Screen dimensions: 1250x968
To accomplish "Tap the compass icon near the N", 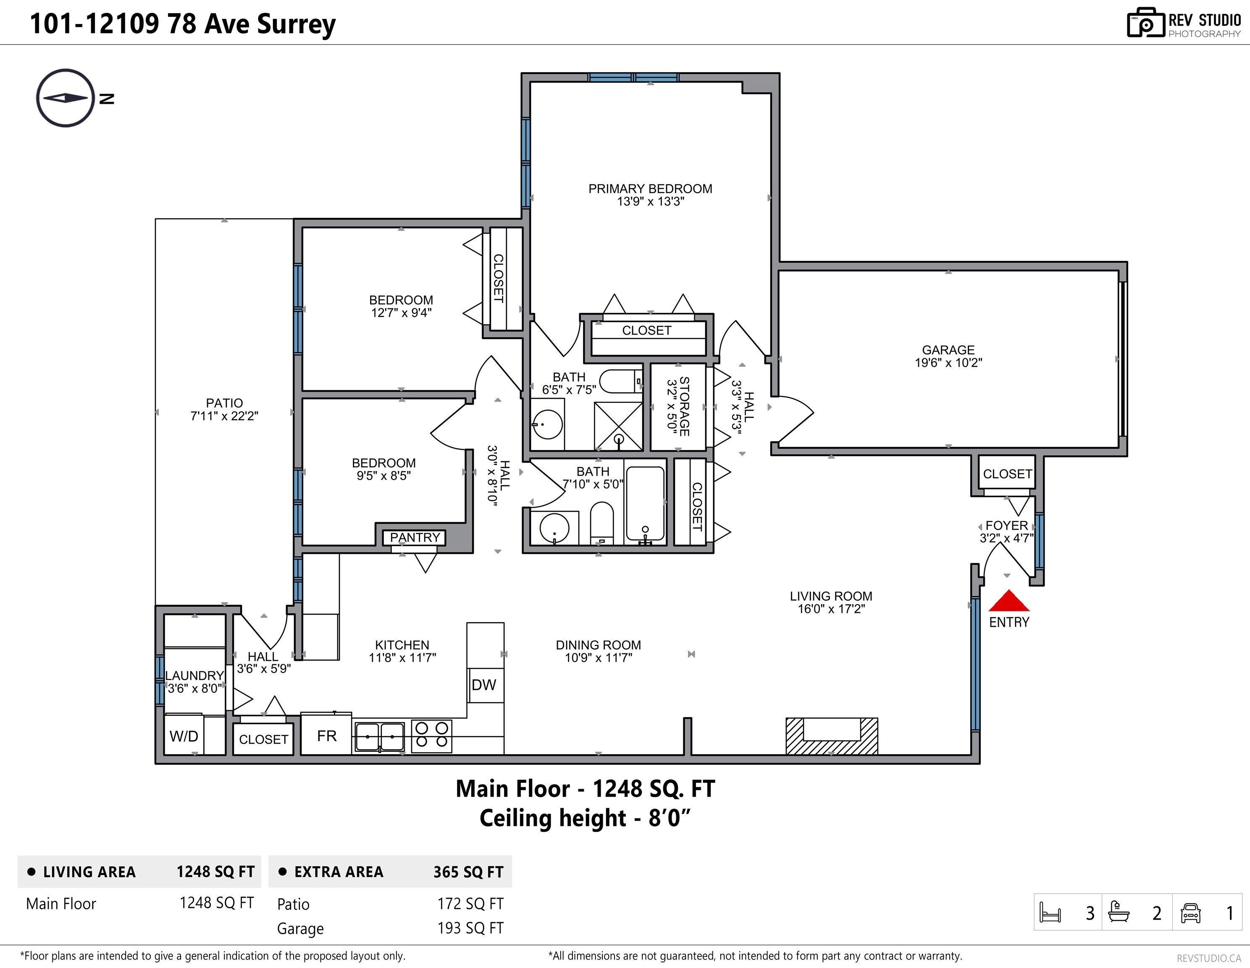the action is tap(65, 98).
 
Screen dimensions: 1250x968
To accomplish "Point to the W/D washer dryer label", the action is tap(184, 736).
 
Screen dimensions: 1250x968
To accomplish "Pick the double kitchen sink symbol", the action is tap(379, 736).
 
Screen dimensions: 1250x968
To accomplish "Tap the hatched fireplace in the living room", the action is tap(832, 736).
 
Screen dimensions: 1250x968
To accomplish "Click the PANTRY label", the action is tap(415, 537).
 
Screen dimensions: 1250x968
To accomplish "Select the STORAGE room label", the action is tap(684, 406).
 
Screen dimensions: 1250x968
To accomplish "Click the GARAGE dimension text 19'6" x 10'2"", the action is tap(948, 362).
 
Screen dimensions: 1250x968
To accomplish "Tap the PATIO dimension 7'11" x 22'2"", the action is tap(224, 416).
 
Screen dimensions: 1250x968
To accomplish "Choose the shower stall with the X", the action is tap(618, 426).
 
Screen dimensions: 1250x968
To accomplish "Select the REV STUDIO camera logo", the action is tap(1146, 23).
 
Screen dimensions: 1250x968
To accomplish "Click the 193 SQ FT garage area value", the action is tap(470, 928).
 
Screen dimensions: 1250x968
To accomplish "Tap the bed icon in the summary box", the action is tap(1050, 913).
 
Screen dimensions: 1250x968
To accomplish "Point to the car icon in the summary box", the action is tap(1190, 913).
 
